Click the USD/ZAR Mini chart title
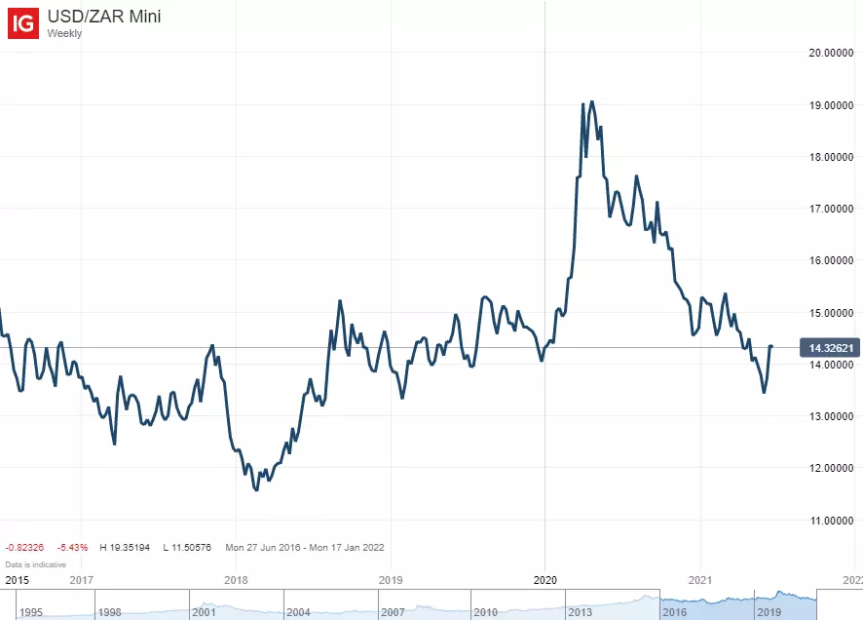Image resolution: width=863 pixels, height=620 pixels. tap(105, 17)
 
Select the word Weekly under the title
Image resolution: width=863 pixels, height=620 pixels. tap(65, 34)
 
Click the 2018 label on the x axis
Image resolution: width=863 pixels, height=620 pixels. tap(236, 580)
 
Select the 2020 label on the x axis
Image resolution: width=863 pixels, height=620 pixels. tap(544, 580)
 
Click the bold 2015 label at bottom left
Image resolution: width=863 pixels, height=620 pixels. tap(17, 580)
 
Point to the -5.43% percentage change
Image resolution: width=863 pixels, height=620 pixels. tap(72, 548)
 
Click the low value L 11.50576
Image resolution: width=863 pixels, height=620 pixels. tap(187, 548)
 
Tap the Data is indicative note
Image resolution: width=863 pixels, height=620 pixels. tap(35, 564)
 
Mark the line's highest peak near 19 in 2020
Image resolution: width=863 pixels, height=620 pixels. tap(591, 101)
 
